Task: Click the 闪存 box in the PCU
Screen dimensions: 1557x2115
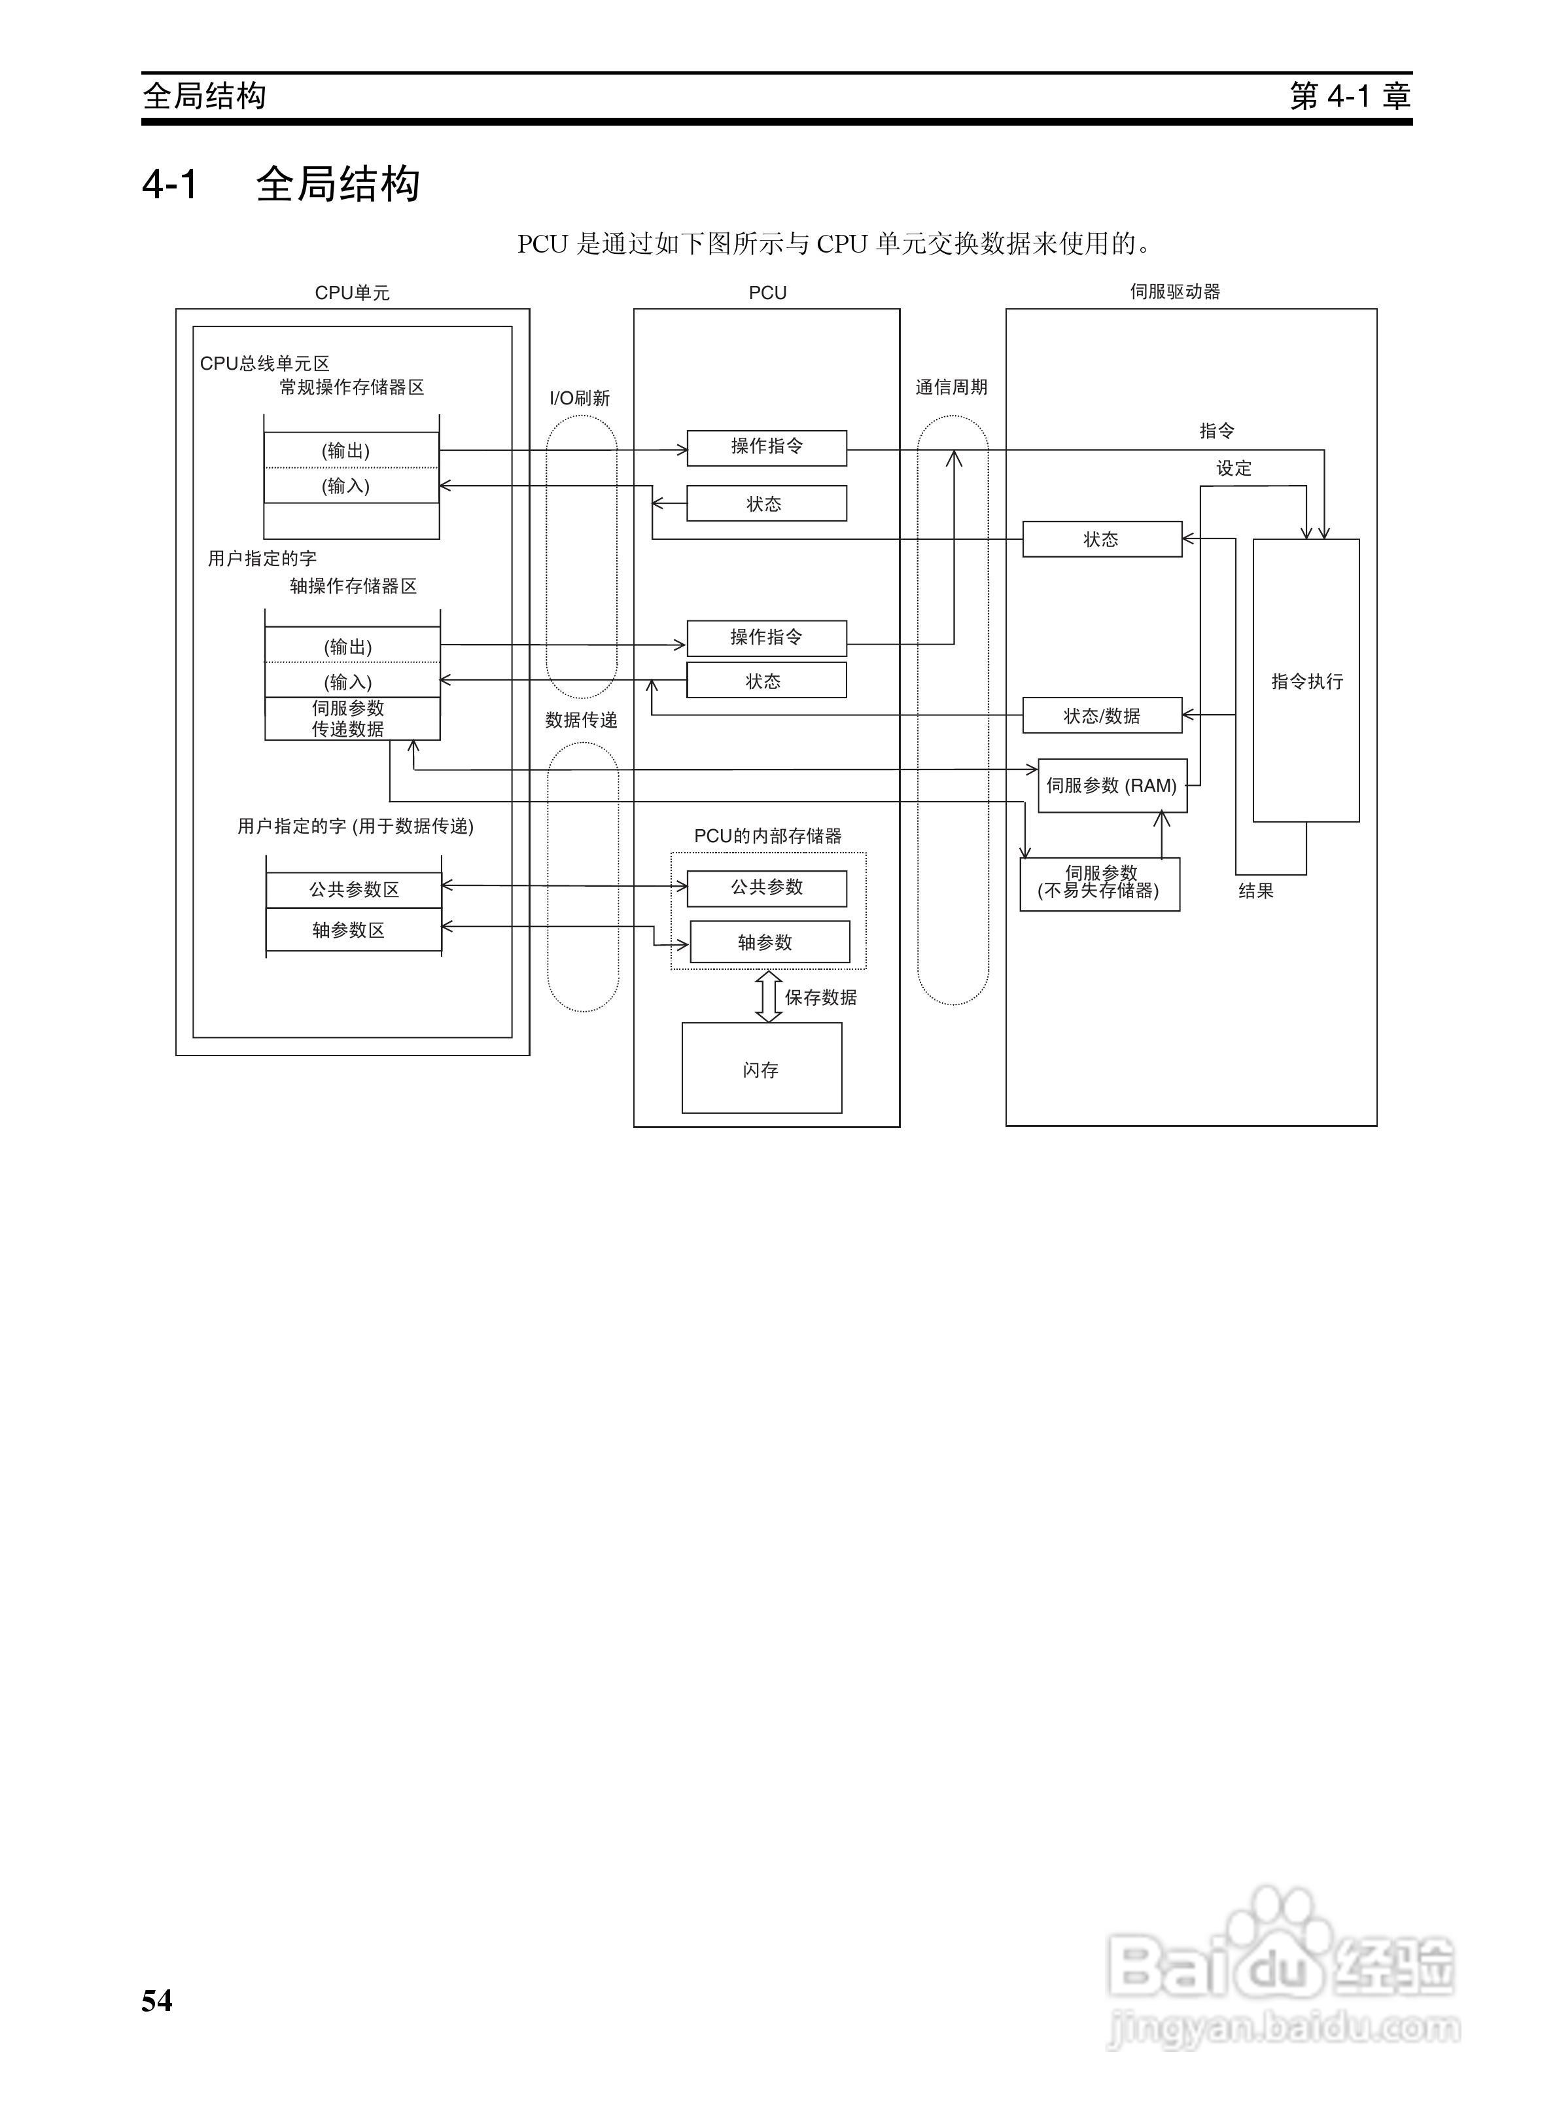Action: pyautogui.click(x=761, y=1068)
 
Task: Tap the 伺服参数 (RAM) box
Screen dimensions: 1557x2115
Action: pyautogui.click(x=1112, y=785)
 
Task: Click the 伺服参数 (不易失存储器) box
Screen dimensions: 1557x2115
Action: pyautogui.click(x=1100, y=883)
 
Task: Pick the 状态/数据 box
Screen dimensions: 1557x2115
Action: pyautogui.click(x=1102, y=715)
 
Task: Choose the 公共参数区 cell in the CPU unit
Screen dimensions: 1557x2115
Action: pyautogui.click(x=353, y=889)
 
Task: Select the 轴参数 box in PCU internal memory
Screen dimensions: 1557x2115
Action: pyautogui.click(x=770, y=942)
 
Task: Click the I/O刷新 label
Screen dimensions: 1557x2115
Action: pyautogui.click(x=580, y=399)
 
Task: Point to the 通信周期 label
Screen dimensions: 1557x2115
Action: pyautogui.click(x=951, y=387)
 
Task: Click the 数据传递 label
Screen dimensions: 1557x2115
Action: pyautogui.click(x=582, y=720)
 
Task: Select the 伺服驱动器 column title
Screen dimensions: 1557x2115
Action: pyautogui.click(x=1176, y=291)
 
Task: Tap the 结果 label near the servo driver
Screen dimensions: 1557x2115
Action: pyautogui.click(x=1255, y=891)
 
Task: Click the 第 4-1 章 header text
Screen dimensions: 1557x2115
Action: pyautogui.click(x=1350, y=95)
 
